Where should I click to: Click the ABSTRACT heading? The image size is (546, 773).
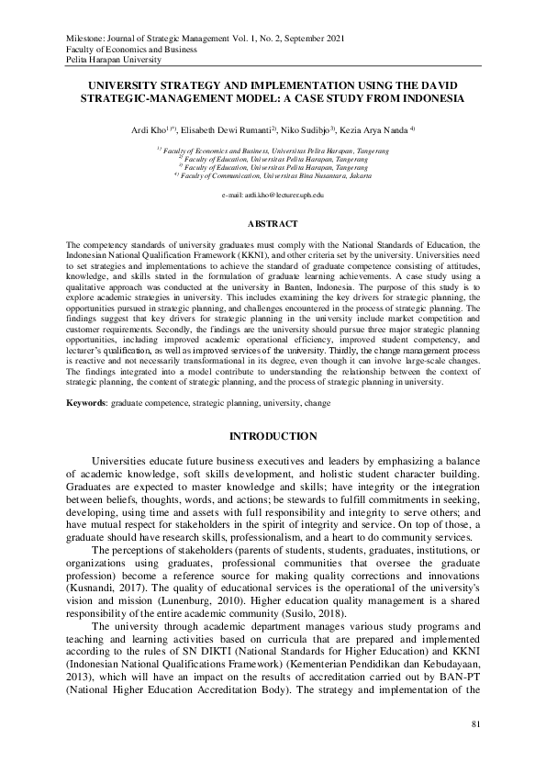point(273,223)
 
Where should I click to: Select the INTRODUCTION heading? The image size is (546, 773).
point(273,435)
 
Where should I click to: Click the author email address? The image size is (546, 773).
point(273,196)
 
